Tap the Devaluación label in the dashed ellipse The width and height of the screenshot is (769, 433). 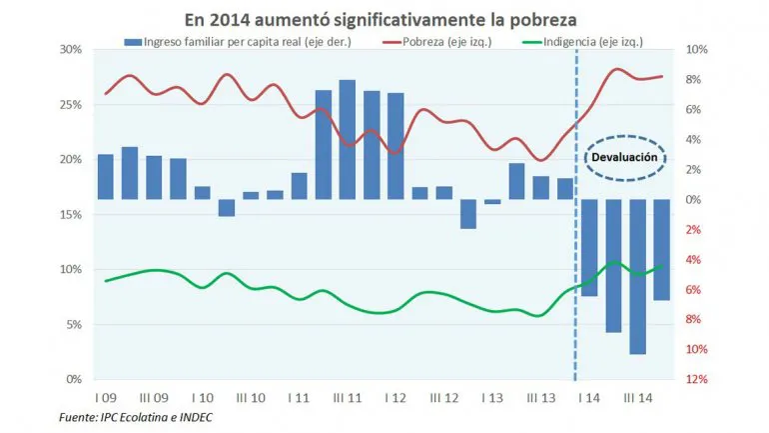[x=623, y=158]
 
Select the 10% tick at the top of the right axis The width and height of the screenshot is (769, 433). [x=697, y=50]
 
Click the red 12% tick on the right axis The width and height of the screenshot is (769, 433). [x=697, y=380]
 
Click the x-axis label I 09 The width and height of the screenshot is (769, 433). [x=105, y=397]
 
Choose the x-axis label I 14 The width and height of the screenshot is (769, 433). [x=589, y=397]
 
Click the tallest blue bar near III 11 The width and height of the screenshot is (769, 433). [x=348, y=140]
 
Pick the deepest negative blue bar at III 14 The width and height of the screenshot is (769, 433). [x=637, y=277]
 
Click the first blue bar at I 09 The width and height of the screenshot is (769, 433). [x=105, y=177]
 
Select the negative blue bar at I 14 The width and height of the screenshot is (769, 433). [x=589, y=247]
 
